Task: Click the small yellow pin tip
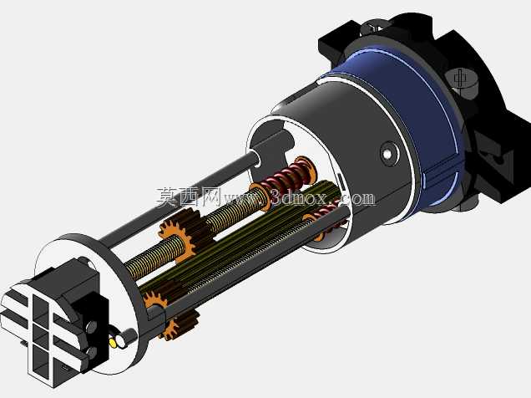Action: (113, 343)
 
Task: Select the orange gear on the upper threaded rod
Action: (176, 235)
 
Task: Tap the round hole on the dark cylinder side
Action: (387, 155)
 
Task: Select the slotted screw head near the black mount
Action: (460, 79)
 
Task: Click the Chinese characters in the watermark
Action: (189, 197)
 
